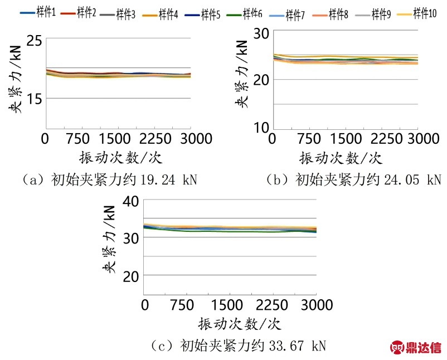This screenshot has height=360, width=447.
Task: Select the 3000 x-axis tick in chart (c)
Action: point(316,305)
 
